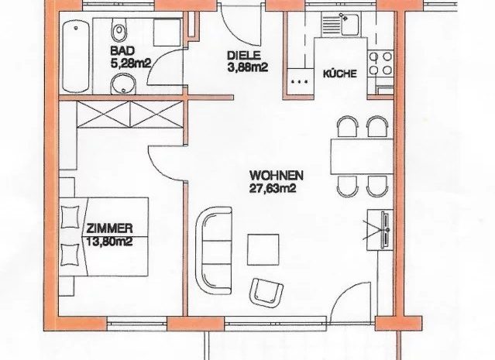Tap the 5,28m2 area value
[130, 63]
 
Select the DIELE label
[244, 56]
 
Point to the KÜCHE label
[339, 74]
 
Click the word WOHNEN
[277, 176]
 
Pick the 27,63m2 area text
[273, 188]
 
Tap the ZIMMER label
[109, 228]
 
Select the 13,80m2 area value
[109, 242]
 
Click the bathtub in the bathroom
[76, 57]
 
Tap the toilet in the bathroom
[119, 29]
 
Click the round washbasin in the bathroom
[123, 84]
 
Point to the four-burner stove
[380, 63]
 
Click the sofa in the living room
[214, 249]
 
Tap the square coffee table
[263, 249]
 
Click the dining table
[362, 156]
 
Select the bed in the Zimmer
[104, 237]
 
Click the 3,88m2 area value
[248, 67]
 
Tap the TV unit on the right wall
[380, 230]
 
